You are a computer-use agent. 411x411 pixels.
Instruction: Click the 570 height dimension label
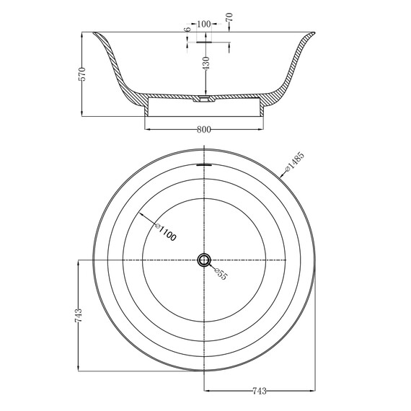(82, 74)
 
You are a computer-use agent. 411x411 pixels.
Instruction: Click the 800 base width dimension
(203, 130)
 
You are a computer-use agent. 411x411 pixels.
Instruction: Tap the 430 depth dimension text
(206, 63)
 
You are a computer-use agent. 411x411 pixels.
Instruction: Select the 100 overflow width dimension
(204, 24)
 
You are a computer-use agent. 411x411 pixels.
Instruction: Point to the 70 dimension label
(229, 17)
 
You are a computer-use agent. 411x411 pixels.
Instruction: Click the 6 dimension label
(187, 30)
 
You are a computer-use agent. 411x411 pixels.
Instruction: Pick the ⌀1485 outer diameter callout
(295, 162)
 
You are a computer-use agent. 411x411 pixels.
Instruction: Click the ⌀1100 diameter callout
(165, 232)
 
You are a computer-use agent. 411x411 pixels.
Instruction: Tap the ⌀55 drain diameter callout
(221, 274)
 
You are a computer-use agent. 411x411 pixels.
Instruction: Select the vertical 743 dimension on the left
(79, 315)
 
